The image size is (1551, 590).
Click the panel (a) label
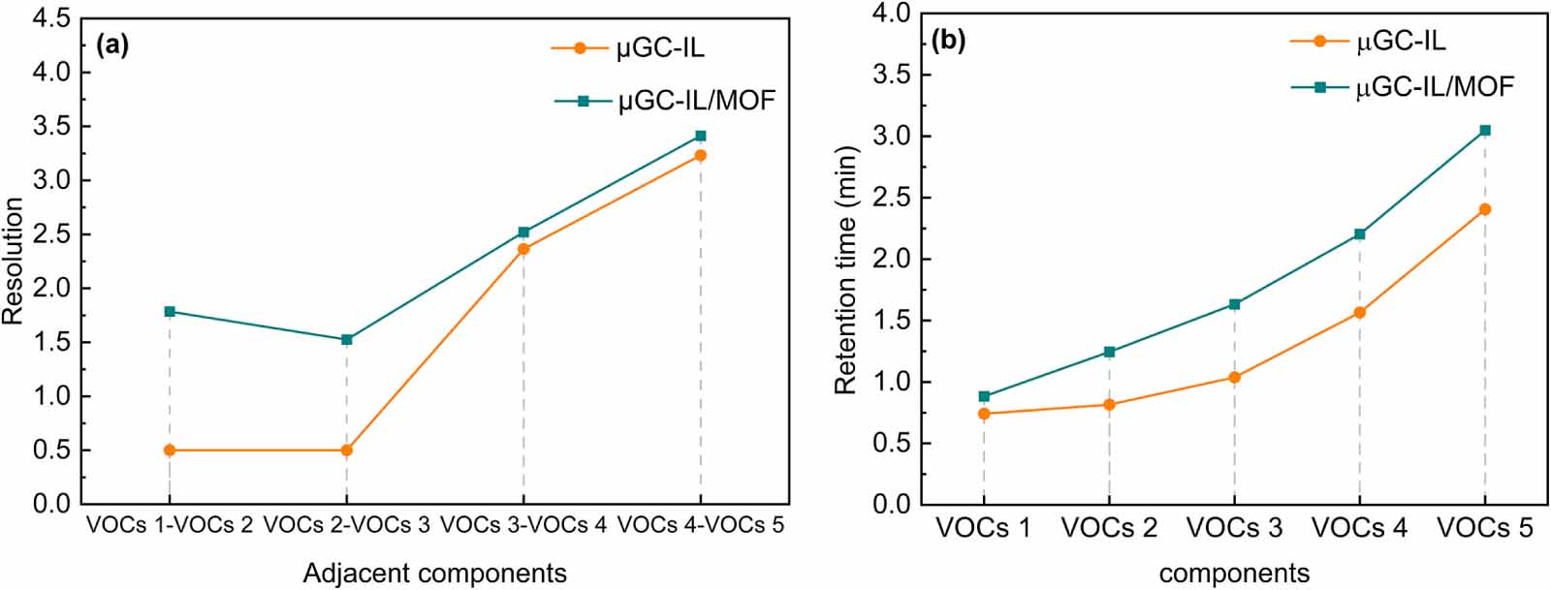(112, 45)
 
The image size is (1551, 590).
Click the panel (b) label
(948, 40)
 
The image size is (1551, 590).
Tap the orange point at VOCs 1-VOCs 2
(170, 450)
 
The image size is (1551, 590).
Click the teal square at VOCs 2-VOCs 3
(347, 340)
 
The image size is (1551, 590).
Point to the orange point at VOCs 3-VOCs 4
(524, 249)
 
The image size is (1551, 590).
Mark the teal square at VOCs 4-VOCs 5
(701, 136)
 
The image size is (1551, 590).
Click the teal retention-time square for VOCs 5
(1485, 130)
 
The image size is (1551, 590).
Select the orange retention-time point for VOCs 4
(1360, 312)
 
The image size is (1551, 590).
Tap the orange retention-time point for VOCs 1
(984, 414)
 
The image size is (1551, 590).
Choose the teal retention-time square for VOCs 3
(1235, 304)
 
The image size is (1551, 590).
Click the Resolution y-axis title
(13, 261)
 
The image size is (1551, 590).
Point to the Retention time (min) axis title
(846, 269)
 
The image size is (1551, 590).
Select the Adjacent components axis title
(434, 574)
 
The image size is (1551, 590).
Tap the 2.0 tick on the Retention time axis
(892, 259)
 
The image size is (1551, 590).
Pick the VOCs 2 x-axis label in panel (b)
(1109, 528)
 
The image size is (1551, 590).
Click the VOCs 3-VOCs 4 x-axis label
(523, 525)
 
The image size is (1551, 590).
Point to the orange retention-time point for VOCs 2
(1109, 405)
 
